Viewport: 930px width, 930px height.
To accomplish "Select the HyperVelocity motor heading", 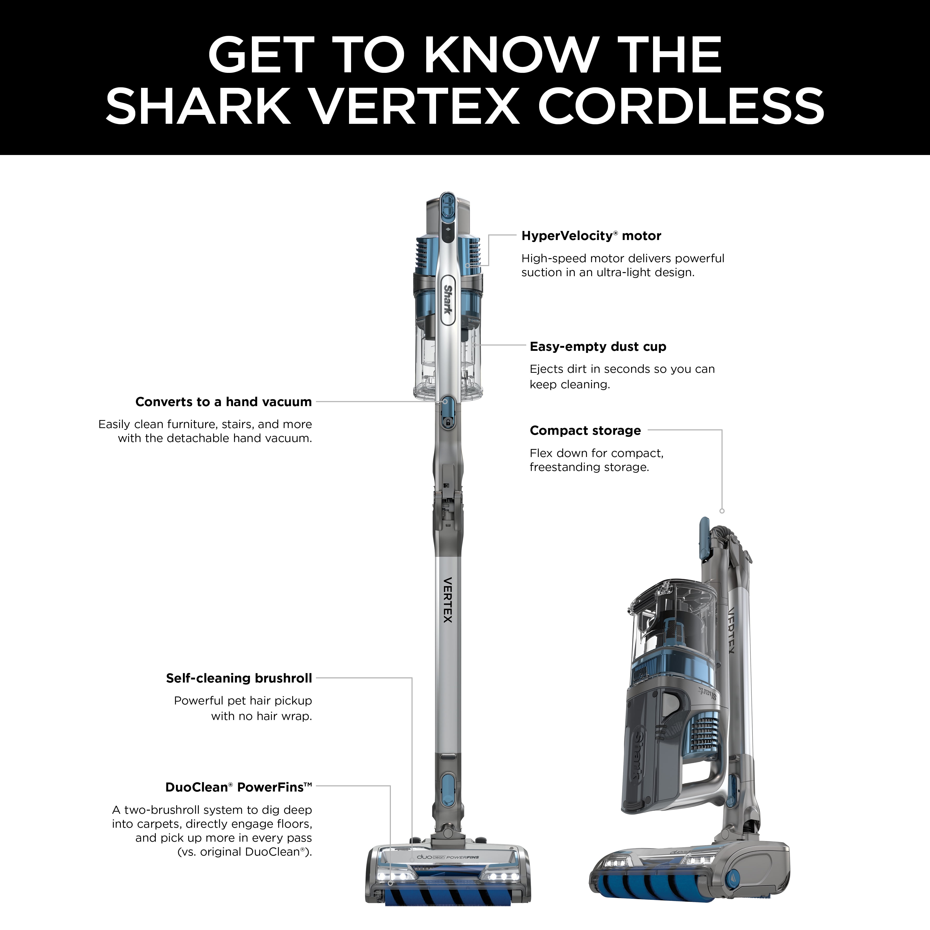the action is tap(591, 236).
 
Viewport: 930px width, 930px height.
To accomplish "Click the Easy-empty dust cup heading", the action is tap(598, 347).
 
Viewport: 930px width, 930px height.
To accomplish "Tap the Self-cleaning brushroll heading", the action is tap(239, 678).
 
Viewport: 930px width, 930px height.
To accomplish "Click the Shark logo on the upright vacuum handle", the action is tap(448, 299).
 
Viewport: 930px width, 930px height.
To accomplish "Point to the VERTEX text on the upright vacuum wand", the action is tap(448, 600).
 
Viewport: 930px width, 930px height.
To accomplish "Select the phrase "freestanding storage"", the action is tap(589, 467).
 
